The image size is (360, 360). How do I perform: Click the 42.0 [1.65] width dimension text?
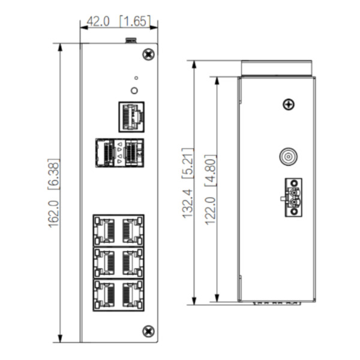coord(118,22)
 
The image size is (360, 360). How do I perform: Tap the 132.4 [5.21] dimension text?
coord(188,182)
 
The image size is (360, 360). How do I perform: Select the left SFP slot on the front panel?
coord(106,152)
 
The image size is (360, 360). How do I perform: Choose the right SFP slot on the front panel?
coord(133,152)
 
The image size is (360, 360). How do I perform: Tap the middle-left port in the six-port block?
coord(105,262)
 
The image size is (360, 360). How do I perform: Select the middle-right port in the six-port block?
coord(131,262)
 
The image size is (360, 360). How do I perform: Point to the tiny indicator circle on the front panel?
coord(136,78)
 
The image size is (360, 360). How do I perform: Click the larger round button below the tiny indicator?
coord(136,91)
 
